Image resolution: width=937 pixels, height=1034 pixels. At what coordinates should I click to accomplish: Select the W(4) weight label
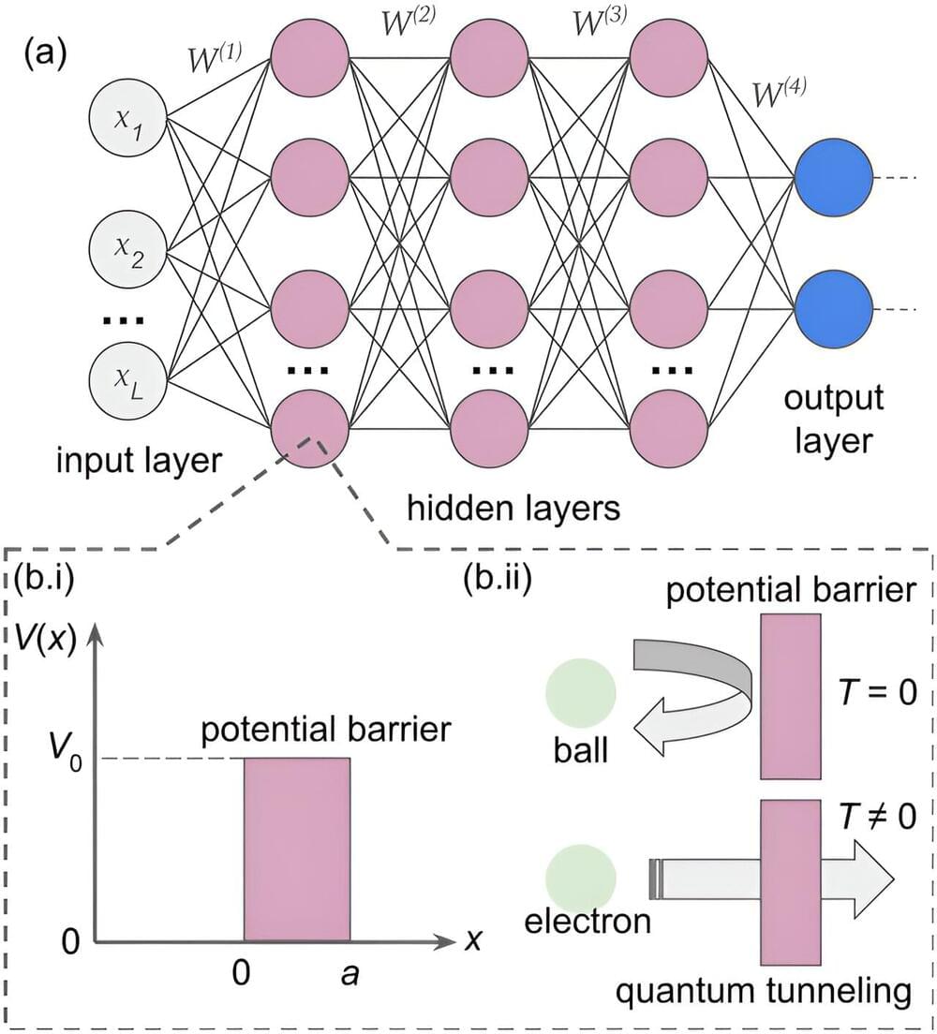click(780, 93)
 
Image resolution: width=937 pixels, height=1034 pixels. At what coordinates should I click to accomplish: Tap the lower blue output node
click(832, 310)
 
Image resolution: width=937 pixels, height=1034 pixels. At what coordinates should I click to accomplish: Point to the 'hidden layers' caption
click(513, 508)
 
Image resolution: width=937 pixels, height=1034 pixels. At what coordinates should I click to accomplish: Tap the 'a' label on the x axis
click(349, 975)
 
